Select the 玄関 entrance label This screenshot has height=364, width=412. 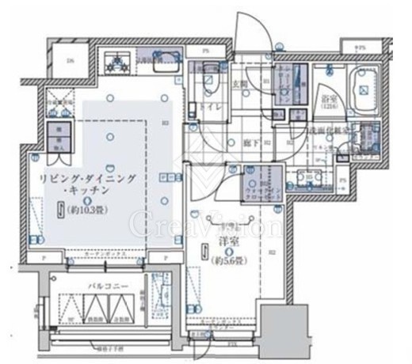[242, 82]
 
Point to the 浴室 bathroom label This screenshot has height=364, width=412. [326, 100]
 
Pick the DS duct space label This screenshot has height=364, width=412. [70, 62]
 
